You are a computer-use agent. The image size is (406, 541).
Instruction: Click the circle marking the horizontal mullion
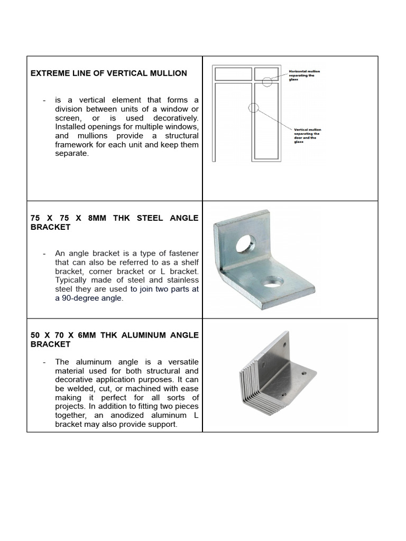pos(267,81)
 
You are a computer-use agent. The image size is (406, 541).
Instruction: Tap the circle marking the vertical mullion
pos(253,108)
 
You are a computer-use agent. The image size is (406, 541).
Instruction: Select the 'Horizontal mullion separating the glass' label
pos(304,75)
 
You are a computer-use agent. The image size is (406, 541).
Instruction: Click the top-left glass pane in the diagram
pos(233,73)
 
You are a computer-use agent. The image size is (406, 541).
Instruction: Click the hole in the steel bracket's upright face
pos(245,244)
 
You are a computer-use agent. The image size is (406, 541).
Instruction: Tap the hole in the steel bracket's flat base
pos(272,283)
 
